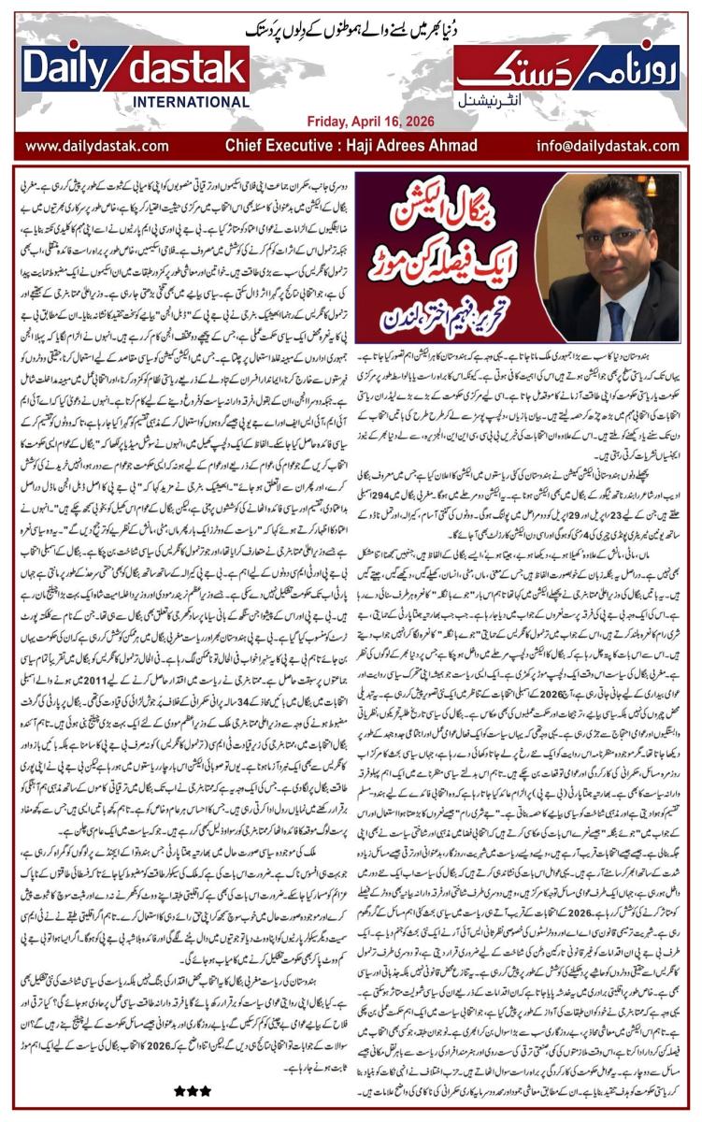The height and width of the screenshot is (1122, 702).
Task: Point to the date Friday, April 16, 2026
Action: [352, 122]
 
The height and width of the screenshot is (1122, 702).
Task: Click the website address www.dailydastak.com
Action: [96, 146]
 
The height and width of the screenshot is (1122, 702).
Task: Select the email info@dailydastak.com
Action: [617, 146]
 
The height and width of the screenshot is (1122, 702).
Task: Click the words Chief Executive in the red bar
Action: [280, 146]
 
